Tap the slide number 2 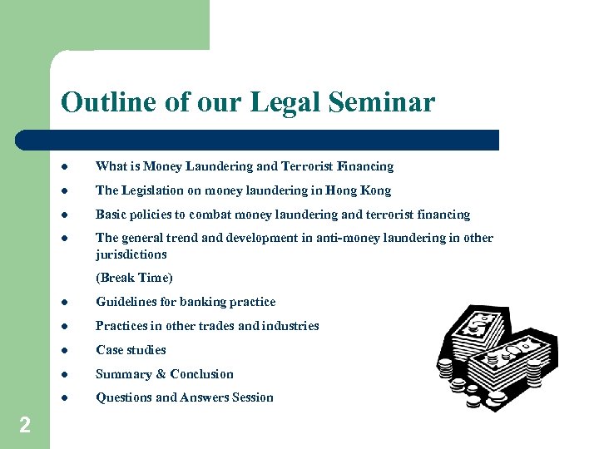(x=25, y=426)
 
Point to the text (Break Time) (x=134, y=278)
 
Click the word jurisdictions (x=131, y=254)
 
